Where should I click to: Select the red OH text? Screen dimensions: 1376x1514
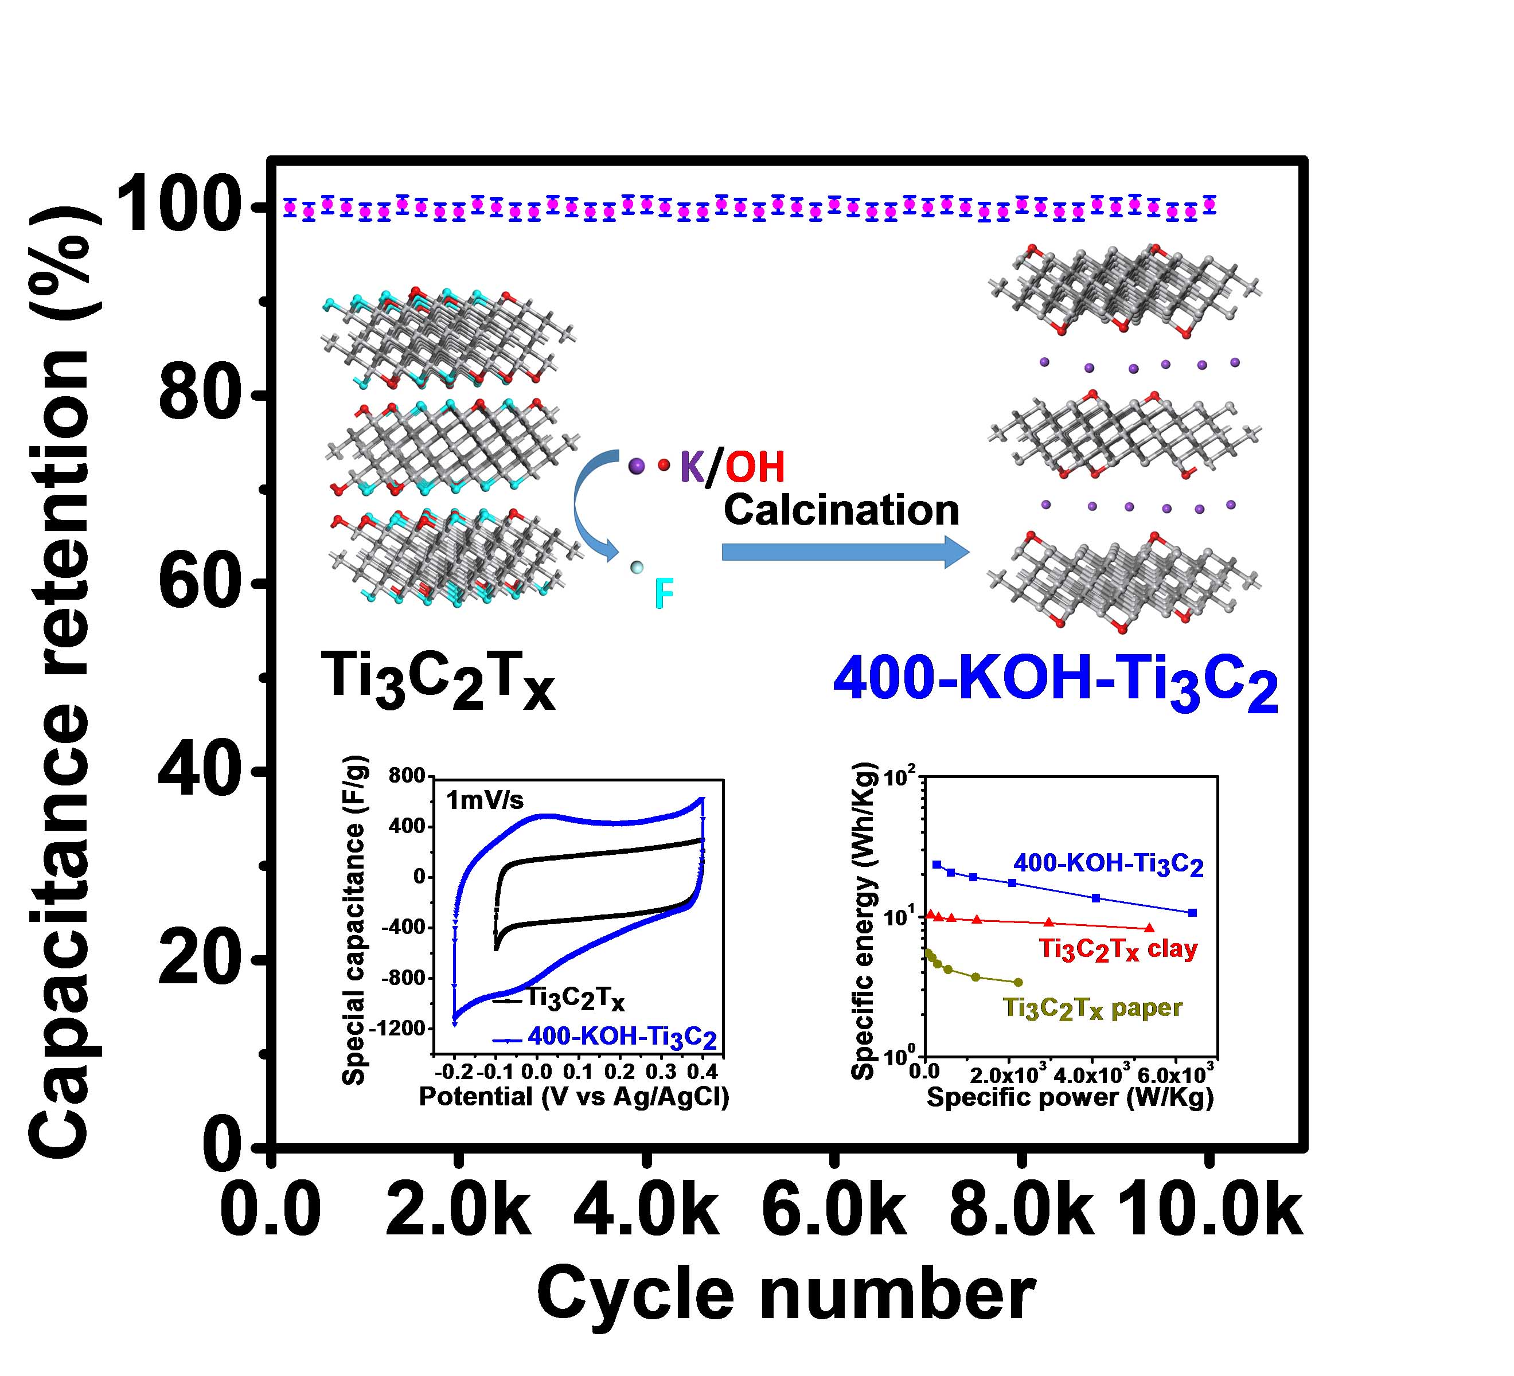pyautogui.click(x=755, y=467)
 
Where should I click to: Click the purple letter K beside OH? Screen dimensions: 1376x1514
pyautogui.click(x=692, y=467)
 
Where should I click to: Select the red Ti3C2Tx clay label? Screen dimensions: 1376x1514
pyautogui.click(x=1118, y=949)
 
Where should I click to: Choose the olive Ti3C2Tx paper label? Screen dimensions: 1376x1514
pyautogui.click(x=1092, y=1008)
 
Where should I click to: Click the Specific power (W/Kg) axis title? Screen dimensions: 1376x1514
pyautogui.click(x=1070, y=1097)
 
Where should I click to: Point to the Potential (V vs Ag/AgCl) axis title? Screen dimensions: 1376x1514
pyautogui.click(x=573, y=1097)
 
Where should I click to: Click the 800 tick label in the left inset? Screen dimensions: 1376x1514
pyautogui.click(x=406, y=776)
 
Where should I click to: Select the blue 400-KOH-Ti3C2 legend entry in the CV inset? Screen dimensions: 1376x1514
pyautogui.click(x=622, y=1038)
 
